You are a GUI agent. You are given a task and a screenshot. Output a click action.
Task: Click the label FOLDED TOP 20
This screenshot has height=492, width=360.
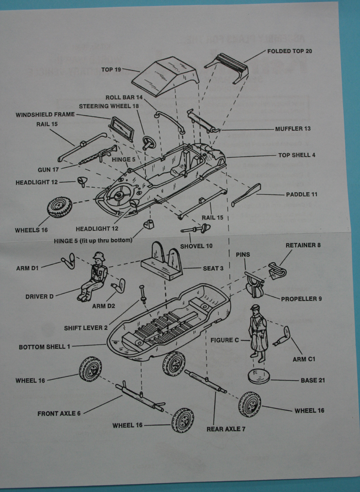click(x=290, y=51)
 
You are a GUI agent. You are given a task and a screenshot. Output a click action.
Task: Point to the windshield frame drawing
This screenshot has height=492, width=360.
click(x=122, y=129)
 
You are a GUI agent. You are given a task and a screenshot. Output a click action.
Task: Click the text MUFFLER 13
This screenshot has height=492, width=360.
click(x=293, y=129)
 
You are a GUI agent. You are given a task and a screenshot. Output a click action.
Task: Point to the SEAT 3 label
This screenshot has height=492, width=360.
click(x=213, y=269)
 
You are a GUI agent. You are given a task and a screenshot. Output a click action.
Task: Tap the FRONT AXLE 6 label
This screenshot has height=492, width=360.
click(x=59, y=414)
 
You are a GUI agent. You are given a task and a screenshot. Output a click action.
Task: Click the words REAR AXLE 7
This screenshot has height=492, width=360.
click(x=226, y=429)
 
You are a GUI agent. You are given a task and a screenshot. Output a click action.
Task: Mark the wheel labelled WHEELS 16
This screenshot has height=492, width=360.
click(x=60, y=207)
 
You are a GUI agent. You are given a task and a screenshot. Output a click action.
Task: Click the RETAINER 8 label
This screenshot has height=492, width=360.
click(x=303, y=245)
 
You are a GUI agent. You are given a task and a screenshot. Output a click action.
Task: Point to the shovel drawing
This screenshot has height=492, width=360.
click(x=196, y=229)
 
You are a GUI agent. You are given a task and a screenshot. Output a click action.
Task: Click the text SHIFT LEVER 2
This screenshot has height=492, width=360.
click(x=86, y=328)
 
